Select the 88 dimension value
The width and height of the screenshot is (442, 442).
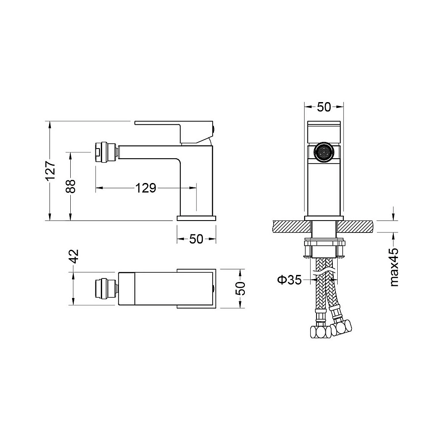pos(71,186)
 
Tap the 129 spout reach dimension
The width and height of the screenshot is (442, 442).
pos(146,188)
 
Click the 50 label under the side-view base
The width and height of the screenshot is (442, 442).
pos(196,239)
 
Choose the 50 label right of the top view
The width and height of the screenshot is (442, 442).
pos(240,288)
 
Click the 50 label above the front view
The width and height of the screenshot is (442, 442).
pos(324,107)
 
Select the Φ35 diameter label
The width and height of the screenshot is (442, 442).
pos(290,280)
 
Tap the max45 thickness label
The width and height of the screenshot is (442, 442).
pos(394,267)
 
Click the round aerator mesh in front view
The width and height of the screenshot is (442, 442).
pos(324,153)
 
